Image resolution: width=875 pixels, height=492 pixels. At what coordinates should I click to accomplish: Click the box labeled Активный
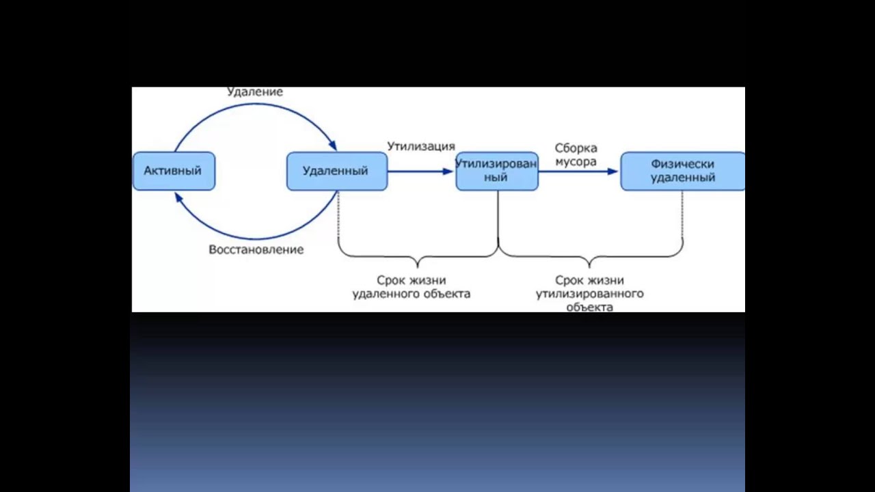[174, 171]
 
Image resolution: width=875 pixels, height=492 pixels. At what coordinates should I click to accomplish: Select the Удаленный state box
[336, 171]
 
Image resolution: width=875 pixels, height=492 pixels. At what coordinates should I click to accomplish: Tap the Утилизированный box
[497, 171]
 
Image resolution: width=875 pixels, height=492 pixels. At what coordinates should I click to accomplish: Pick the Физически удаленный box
[682, 171]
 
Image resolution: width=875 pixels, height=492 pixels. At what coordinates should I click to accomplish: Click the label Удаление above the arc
[254, 92]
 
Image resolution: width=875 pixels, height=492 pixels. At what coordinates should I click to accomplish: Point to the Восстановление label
[256, 249]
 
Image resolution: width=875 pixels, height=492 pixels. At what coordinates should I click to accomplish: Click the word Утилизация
[421, 146]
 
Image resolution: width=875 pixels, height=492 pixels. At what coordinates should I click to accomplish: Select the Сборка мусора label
[576, 154]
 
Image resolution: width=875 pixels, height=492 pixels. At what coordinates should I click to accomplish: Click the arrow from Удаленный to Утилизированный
[420, 171]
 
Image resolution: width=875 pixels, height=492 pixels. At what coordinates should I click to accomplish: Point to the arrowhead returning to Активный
[178, 197]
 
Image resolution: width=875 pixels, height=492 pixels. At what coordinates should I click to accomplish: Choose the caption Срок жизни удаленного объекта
[411, 287]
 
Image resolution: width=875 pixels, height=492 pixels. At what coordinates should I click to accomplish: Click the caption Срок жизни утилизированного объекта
[589, 293]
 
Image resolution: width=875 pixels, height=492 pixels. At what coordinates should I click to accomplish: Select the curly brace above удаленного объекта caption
[418, 258]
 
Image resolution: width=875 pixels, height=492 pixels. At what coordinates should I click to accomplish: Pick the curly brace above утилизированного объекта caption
[590, 258]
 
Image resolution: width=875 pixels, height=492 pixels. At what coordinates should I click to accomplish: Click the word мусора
[576, 162]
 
